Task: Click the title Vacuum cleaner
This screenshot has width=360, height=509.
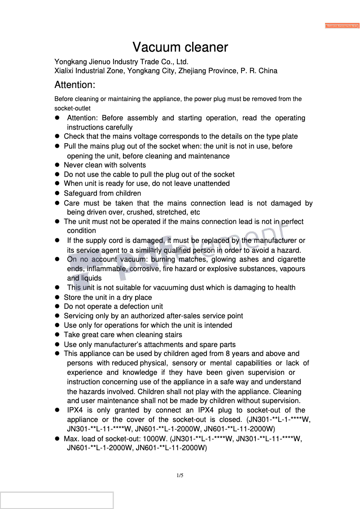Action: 180,47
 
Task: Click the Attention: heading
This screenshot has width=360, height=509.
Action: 75,85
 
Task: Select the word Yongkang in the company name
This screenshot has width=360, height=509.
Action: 69,61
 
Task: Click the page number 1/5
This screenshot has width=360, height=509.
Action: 180,475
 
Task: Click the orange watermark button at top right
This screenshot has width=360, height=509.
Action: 342,26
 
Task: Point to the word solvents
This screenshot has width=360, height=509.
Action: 132,165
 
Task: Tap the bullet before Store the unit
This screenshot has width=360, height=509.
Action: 57,297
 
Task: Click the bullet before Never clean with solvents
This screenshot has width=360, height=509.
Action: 57,165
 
